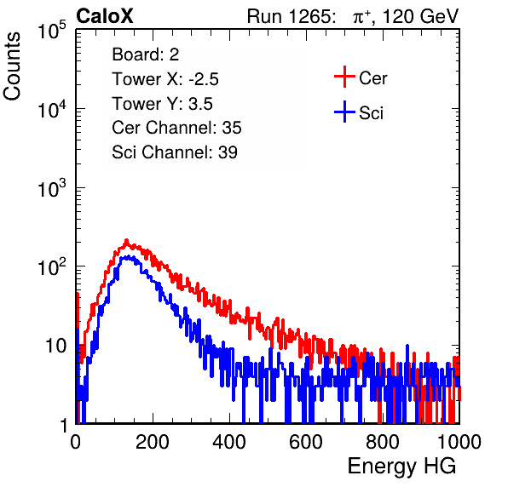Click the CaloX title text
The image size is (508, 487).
click(x=105, y=16)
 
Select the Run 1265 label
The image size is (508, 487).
click(x=291, y=16)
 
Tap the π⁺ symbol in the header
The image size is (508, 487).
click(x=361, y=17)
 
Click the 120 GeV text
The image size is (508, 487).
click(x=421, y=16)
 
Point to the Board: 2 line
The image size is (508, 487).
click(x=146, y=54)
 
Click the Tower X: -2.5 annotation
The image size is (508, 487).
click(x=165, y=79)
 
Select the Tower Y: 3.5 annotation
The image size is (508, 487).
click(x=162, y=104)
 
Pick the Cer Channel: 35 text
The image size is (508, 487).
click(x=176, y=128)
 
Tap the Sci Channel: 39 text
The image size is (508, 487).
click(x=175, y=152)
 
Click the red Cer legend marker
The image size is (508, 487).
click(x=344, y=77)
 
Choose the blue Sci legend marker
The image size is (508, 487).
click(x=344, y=112)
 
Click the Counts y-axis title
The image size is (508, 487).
click(x=12, y=66)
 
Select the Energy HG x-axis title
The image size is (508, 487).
click(x=401, y=467)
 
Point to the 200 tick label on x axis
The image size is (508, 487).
click(x=153, y=442)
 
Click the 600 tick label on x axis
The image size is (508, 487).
click(x=306, y=442)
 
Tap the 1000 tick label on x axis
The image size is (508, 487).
click(x=459, y=442)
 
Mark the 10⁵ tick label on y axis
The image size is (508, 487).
click(x=52, y=31)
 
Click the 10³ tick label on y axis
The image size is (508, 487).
click(x=52, y=188)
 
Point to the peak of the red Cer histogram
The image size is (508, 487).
click(x=127, y=240)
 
